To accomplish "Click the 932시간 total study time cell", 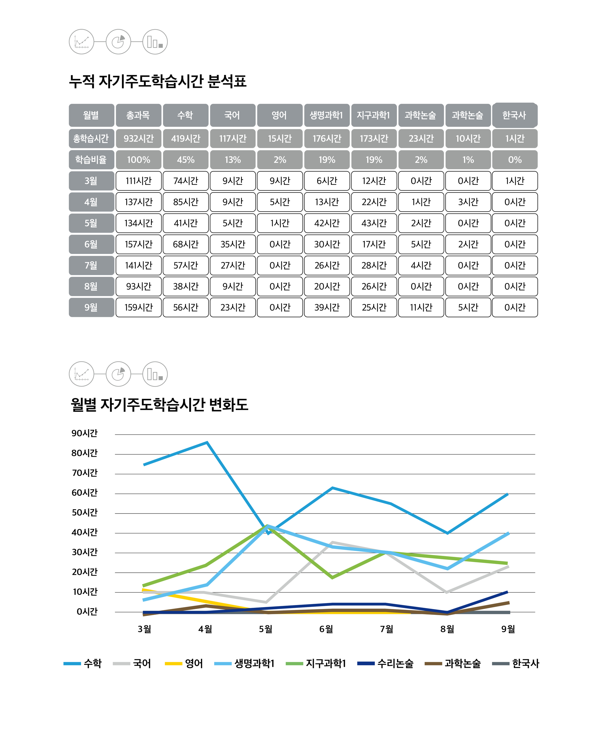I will [x=138, y=139].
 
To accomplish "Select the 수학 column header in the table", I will [x=185, y=115].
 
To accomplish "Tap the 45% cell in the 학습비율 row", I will [x=185, y=160].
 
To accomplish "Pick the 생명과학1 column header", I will [x=327, y=115].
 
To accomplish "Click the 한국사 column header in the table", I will [x=514, y=115].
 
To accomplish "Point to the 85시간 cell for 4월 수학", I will [x=185, y=202].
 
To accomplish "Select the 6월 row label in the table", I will [x=91, y=244].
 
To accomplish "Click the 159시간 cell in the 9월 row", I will [x=138, y=307].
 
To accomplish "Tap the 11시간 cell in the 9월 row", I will [x=421, y=307].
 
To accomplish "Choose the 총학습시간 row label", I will [x=91, y=139].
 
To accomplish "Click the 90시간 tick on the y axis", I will [x=85, y=433].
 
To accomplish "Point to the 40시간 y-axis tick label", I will [x=85, y=532].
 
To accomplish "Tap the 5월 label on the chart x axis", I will [x=266, y=629].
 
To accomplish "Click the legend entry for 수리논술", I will [x=385, y=663].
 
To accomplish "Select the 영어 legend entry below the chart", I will [x=184, y=663].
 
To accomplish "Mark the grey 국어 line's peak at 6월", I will [x=332, y=542].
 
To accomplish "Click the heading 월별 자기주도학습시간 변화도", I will [x=159, y=404].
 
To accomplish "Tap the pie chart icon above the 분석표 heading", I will [x=118, y=42].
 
